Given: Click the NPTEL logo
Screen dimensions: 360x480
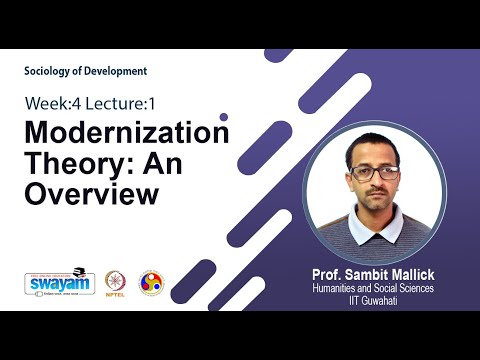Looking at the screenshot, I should [x=117, y=283].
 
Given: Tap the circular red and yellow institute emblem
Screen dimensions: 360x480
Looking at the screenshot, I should [x=151, y=283].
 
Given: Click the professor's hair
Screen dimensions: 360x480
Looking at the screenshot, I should [x=376, y=144].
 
